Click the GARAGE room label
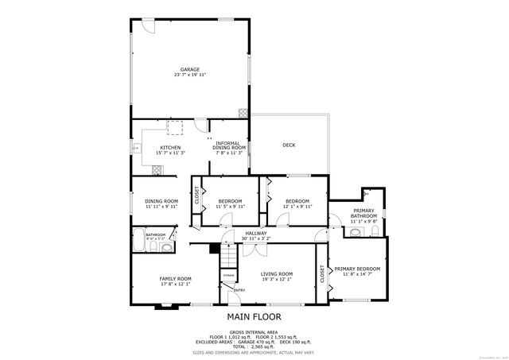190,69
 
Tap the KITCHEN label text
170,148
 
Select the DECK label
289,145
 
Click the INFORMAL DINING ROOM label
229,145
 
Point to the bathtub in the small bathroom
141,242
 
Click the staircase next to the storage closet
229,258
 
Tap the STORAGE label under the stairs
228,275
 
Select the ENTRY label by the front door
239,290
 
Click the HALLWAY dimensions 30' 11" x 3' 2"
255,238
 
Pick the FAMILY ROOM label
175,279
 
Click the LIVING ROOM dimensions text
277,279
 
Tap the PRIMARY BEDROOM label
357,269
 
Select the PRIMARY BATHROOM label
364,213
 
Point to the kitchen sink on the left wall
136,148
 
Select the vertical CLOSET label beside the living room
322,274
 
